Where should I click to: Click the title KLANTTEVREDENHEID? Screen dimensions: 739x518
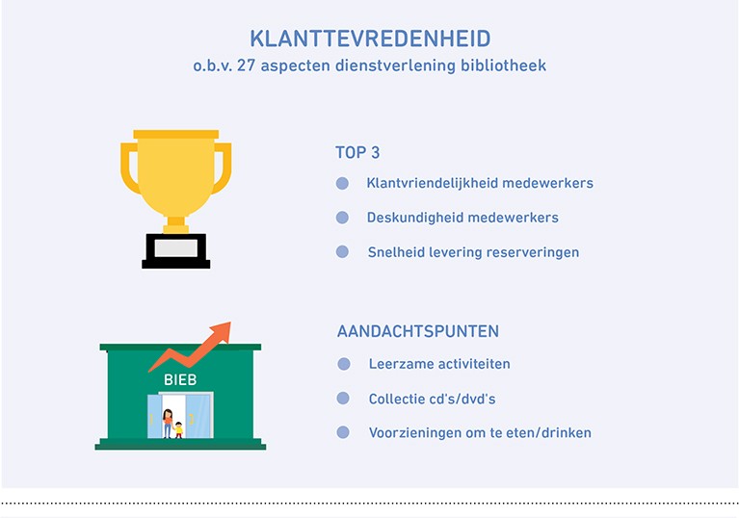click(370, 39)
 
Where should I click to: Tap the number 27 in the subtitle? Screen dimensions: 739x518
click(246, 65)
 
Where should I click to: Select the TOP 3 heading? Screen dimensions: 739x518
click(357, 152)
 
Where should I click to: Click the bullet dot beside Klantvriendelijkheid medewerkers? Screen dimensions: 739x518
click(343, 183)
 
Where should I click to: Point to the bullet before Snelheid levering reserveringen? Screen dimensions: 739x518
click(343, 252)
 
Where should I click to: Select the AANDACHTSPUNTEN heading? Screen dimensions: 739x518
click(418, 331)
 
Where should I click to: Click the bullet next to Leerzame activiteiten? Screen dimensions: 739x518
click(344, 364)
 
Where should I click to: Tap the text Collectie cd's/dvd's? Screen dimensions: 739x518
click(433, 399)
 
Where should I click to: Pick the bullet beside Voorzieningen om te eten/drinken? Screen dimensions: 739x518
click(343, 432)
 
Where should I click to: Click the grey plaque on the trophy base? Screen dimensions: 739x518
click(175, 248)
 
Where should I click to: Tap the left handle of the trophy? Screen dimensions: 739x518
click(129, 168)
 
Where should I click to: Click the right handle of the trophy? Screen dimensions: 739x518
click(223, 168)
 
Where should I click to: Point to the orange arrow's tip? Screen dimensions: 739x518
click(230, 323)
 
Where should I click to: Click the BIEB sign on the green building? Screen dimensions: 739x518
click(180, 379)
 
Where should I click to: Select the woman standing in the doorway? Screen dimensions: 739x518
click(168, 424)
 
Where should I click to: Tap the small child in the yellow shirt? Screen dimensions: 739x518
click(178, 430)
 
